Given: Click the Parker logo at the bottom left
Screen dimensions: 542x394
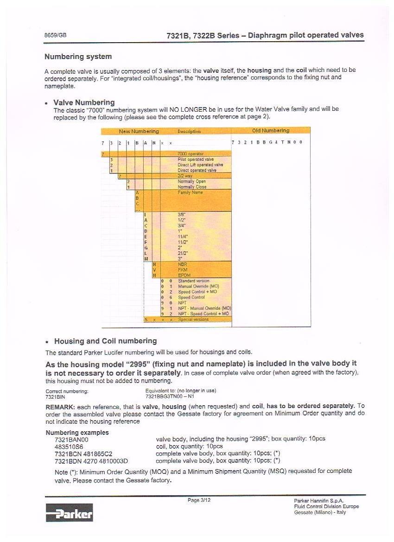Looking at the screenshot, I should (69, 512).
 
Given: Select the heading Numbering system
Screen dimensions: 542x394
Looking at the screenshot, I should (78, 57).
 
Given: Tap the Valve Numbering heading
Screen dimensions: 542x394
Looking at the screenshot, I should (84, 102).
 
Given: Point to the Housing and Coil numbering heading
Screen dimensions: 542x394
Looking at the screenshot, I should (105, 341).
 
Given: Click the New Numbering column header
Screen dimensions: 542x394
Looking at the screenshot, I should (139, 131).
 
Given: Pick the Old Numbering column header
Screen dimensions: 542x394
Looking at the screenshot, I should (270, 131).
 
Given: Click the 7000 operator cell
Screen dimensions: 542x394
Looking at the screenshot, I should (190, 154).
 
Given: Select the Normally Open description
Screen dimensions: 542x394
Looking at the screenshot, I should (191, 182).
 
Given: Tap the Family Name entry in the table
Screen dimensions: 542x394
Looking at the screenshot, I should (190, 192).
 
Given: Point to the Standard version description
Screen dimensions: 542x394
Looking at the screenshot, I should (193, 281).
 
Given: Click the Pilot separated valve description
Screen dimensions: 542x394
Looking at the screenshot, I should (196, 159).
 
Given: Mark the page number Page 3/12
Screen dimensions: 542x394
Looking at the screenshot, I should (199, 500).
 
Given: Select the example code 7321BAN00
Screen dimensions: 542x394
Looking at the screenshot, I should (71, 439).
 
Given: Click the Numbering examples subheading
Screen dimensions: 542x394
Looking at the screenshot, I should (77, 432).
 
